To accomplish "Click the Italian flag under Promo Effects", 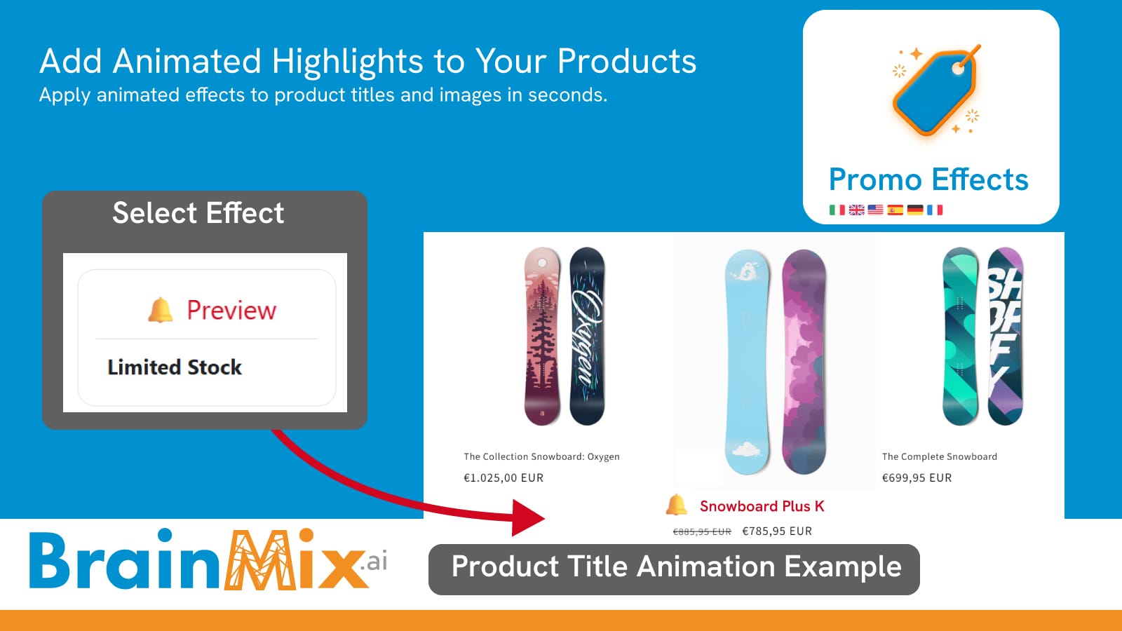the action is pyautogui.click(x=837, y=210).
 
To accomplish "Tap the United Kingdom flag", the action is pyautogui.click(x=856, y=210).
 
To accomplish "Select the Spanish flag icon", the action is pyautogui.click(x=895, y=210).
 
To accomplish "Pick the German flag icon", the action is pyautogui.click(x=914, y=210).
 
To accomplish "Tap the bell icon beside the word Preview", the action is pyautogui.click(x=161, y=310).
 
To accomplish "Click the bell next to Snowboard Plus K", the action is pyautogui.click(x=676, y=505).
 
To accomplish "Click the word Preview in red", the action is pyautogui.click(x=231, y=311).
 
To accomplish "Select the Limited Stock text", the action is pyautogui.click(x=175, y=367).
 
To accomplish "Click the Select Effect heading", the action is pyautogui.click(x=198, y=213).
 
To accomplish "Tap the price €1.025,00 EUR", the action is pyautogui.click(x=503, y=477).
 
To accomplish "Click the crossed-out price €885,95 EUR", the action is pyautogui.click(x=702, y=531).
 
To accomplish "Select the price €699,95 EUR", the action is pyautogui.click(x=917, y=477).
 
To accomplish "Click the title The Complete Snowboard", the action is pyautogui.click(x=939, y=456).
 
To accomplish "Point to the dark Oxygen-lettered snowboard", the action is pyautogui.click(x=587, y=336).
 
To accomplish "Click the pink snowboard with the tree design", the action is pyautogui.click(x=542, y=336).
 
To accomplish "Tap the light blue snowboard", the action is pyautogui.click(x=747, y=362).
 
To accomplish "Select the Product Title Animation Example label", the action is pyautogui.click(x=676, y=567).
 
